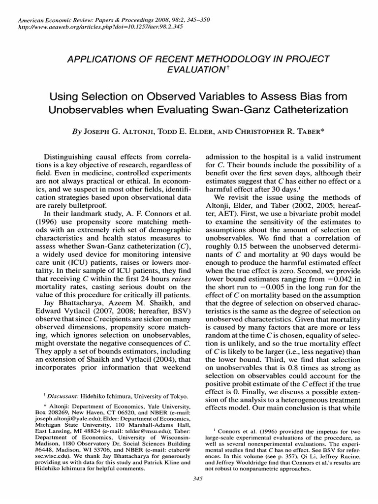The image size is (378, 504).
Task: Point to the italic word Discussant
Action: pyautogui.click(x=63, y=396)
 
